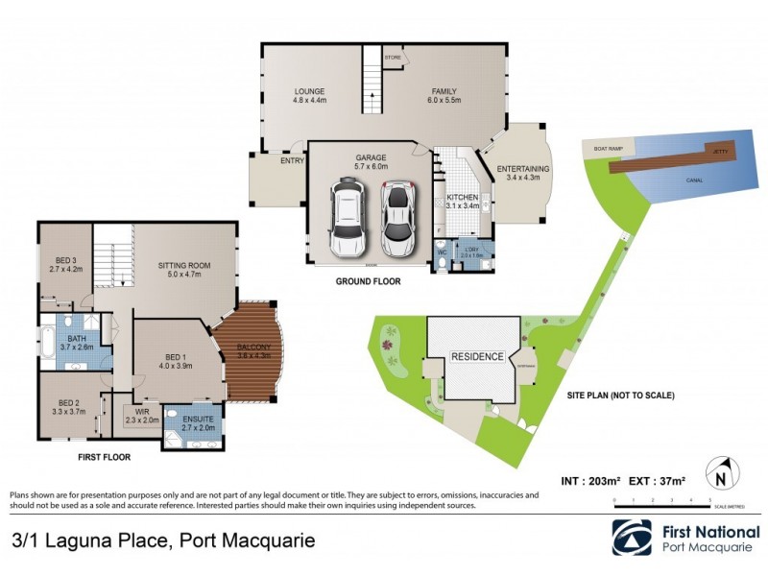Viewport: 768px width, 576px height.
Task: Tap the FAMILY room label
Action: [x=445, y=92]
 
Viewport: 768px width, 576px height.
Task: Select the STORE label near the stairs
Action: [x=392, y=59]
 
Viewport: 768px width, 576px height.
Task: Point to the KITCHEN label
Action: [x=462, y=200]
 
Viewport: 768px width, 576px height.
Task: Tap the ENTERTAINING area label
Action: [x=523, y=170]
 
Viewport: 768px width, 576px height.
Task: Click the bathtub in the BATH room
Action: [x=48, y=343]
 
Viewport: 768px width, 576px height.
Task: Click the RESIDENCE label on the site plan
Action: [x=477, y=356]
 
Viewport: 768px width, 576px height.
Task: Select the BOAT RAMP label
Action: [x=609, y=149]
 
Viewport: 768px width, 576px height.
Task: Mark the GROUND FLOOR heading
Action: [x=368, y=282]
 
